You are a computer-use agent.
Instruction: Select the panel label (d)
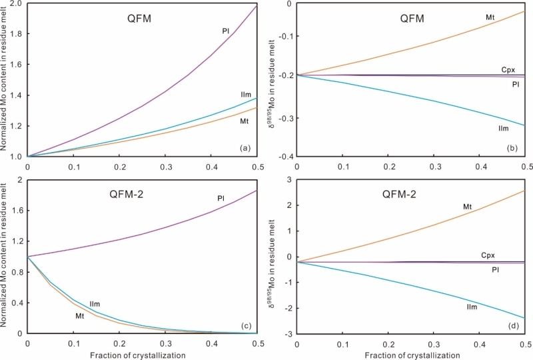[x=516, y=326]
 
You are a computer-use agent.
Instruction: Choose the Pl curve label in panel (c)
[x=220, y=198]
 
